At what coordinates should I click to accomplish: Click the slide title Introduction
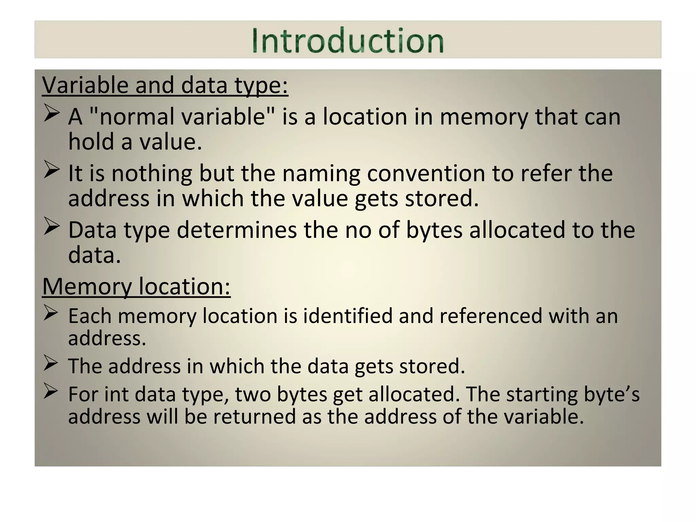(x=348, y=40)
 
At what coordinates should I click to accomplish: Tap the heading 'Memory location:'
(x=136, y=286)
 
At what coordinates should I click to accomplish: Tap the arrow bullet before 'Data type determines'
(x=52, y=227)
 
